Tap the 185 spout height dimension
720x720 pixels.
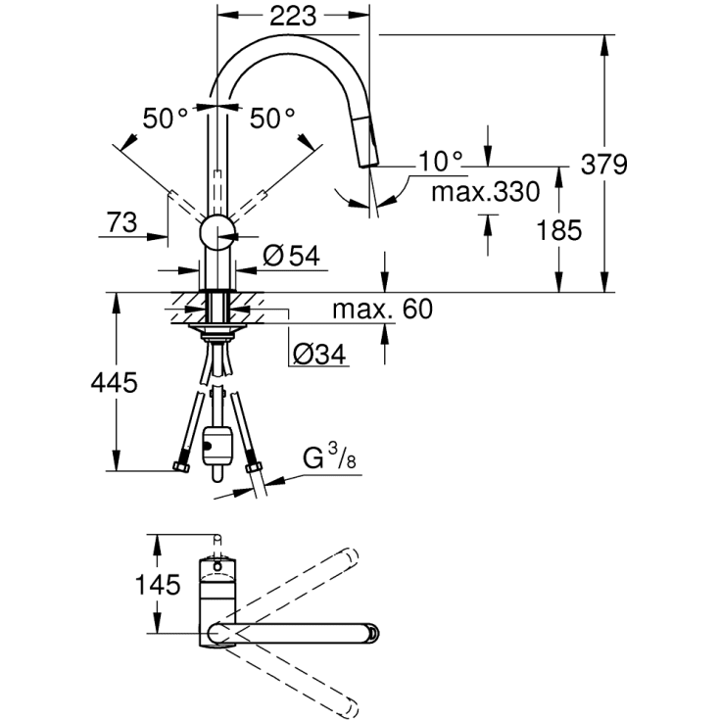coord(560,230)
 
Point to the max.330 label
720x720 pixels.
coord(486,192)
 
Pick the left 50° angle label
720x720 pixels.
coord(166,119)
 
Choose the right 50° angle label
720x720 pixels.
coord(271,119)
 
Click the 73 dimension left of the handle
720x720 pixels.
coord(121,222)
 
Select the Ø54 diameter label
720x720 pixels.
coord(292,256)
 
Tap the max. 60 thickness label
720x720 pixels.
coord(381,310)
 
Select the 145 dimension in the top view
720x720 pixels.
coord(159,586)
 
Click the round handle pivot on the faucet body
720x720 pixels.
coord(217,233)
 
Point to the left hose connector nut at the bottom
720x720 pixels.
coord(179,468)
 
